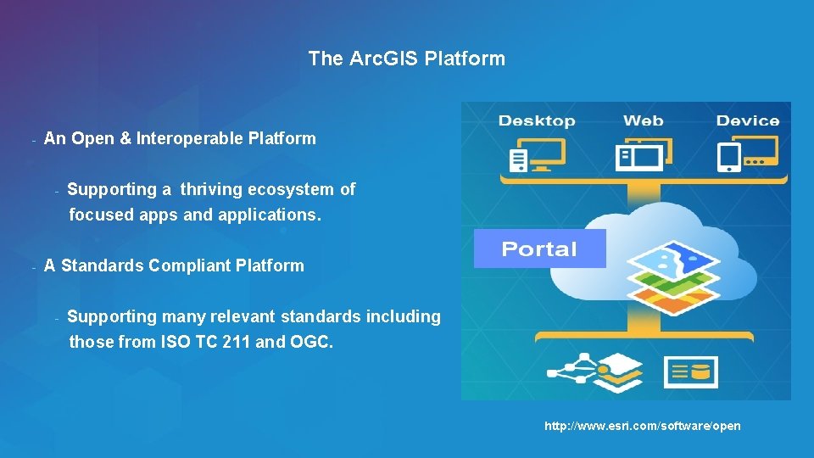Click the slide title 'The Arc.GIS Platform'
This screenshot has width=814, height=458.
coord(406,59)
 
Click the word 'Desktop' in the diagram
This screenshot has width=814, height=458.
coord(536,121)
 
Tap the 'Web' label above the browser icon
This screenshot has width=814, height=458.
coord(643,121)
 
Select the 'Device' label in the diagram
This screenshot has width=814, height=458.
coord(747,121)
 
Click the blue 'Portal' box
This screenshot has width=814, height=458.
coord(539,249)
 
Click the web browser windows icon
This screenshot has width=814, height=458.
coord(644,155)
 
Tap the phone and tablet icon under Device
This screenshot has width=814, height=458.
coord(746,155)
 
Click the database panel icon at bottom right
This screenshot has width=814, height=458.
coord(690,371)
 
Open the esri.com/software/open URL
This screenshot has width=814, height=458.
coord(642,426)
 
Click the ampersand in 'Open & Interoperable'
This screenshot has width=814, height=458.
coord(125,138)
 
